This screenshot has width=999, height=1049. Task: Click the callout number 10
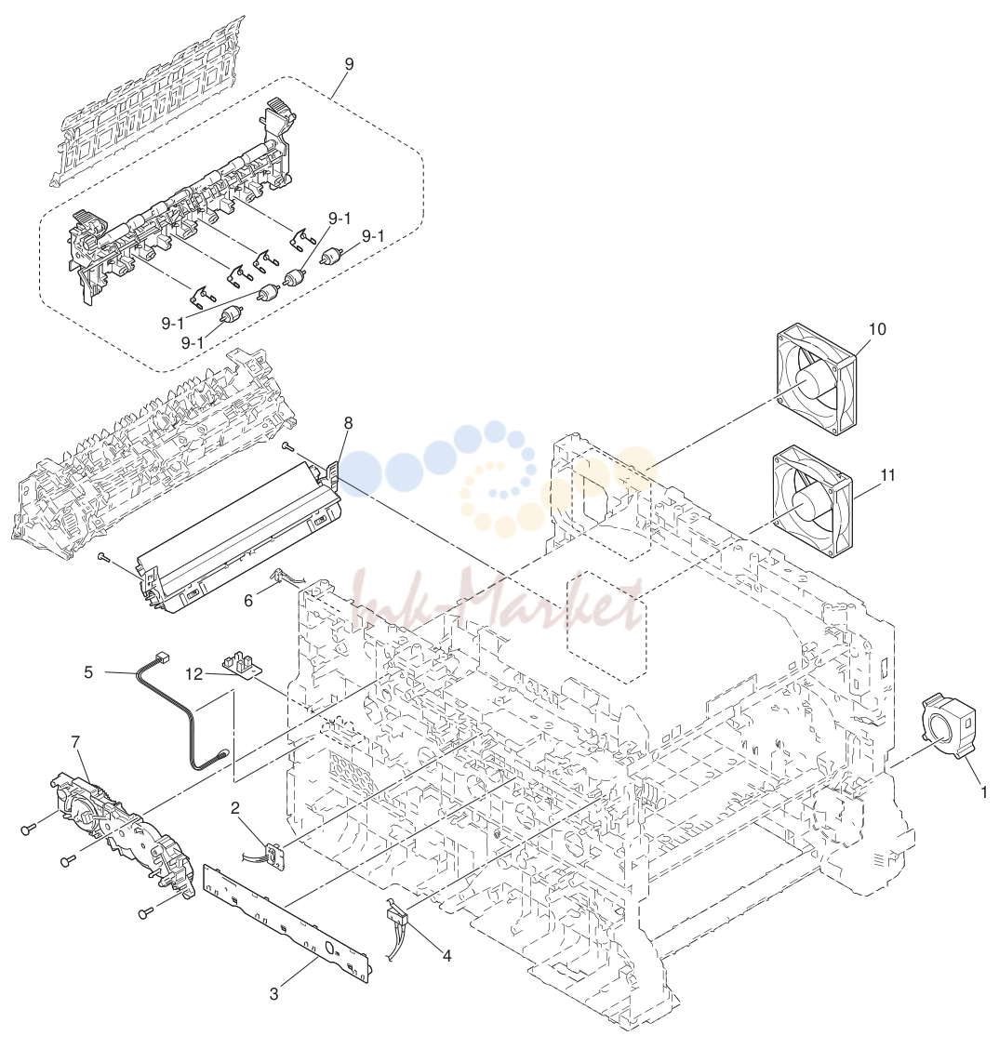(x=876, y=329)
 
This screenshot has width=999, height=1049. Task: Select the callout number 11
(x=887, y=475)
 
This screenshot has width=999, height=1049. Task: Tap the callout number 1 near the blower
(x=983, y=792)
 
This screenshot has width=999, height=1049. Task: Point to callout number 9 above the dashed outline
(x=350, y=64)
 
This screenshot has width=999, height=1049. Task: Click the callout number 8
(x=349, y=423)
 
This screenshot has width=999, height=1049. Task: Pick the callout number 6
(x=248, y=601)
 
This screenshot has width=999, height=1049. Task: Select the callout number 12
(x=194, y=673)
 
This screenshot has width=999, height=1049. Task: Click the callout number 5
(x=88, y=671)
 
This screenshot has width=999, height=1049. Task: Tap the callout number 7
(x=75, y=742)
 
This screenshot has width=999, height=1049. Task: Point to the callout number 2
(x=234, y=808)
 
